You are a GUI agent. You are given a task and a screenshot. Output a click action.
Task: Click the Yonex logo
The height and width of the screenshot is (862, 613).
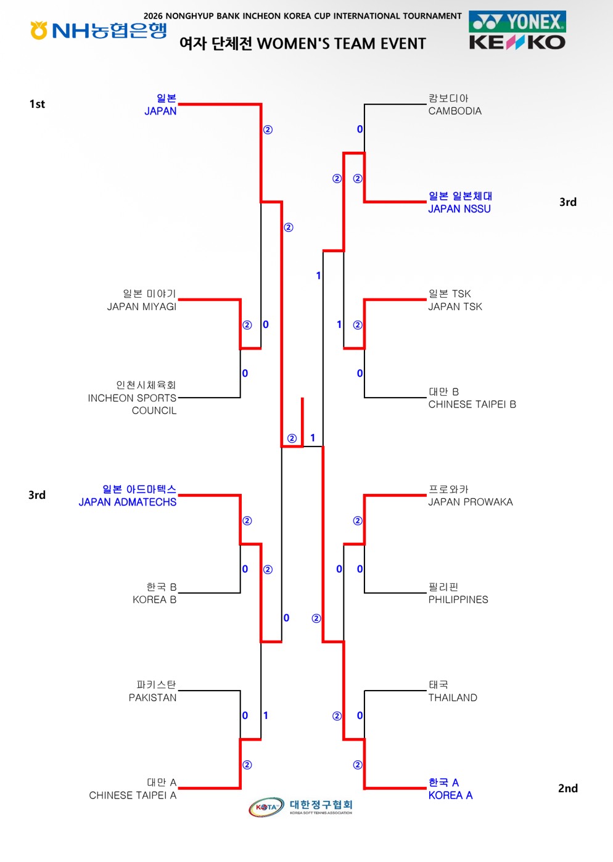click(517, 22)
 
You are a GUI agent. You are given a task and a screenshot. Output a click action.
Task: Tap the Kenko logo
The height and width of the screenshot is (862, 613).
click(517, 43)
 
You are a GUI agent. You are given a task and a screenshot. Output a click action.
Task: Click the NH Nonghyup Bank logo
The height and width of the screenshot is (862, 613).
click(99, 30)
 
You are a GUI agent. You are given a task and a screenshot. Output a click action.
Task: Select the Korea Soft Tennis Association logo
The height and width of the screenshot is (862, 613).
click(300, 807)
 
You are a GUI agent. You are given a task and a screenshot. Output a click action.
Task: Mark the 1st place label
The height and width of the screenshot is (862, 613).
click(38, 104)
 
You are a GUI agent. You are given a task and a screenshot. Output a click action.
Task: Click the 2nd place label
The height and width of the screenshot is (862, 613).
click(568, 789)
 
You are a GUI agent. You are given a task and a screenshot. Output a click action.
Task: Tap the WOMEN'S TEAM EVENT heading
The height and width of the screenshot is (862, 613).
click(341, 44)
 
